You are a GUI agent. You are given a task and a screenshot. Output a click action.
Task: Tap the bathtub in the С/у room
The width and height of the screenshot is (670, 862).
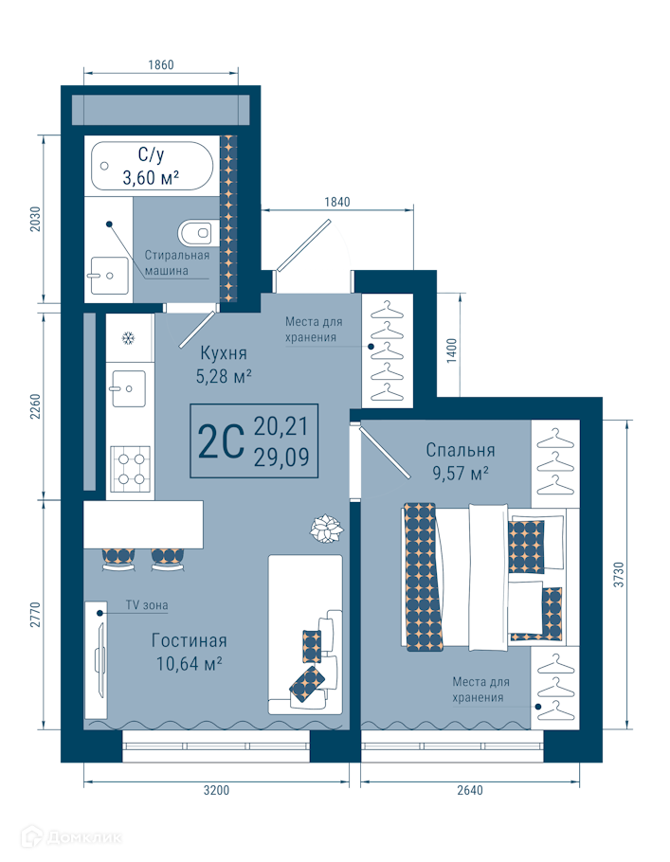click(152, 166)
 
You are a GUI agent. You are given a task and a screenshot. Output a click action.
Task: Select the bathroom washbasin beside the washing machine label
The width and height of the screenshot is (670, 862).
click(110, 276)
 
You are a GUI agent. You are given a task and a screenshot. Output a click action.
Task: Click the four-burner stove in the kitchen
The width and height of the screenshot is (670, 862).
click(131, 468)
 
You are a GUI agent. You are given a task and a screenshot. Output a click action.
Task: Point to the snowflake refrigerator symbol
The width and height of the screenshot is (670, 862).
click(129, 338)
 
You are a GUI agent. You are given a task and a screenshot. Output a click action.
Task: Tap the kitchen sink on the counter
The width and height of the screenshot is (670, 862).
click(129, 388)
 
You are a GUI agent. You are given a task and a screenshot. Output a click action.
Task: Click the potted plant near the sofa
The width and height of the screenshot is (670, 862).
click(326, 530)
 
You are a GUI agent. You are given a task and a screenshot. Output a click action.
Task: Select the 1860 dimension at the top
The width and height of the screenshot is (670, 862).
click(160, 64)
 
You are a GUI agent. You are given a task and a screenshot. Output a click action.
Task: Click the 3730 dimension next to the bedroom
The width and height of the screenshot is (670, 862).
click(620, 574)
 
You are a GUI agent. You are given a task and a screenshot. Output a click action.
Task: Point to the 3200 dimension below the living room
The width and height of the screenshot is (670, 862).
click(216, 791)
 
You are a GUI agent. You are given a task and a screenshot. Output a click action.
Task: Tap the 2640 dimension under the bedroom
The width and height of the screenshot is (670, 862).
click(470, 791)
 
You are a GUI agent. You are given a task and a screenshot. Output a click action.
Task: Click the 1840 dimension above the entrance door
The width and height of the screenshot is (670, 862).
click(336, 203)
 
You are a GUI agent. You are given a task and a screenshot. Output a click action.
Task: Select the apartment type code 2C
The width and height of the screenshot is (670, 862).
click(221, 441)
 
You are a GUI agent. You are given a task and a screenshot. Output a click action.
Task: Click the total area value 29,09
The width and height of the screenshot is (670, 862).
click(281, 457)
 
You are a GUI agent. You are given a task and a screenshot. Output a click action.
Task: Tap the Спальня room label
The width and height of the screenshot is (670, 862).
click(461, 450)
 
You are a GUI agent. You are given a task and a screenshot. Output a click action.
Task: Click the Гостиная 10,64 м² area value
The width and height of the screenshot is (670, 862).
click(190, 664)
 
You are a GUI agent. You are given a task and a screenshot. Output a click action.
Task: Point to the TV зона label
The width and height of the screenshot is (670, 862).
click(147, 605)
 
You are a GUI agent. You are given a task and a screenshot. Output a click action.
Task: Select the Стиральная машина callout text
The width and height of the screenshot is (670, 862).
click(177, 262)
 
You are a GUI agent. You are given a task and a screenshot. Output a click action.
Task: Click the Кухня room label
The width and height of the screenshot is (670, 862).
click(224, 352)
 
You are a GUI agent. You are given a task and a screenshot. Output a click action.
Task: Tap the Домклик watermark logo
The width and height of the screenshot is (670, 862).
click(71, 837)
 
